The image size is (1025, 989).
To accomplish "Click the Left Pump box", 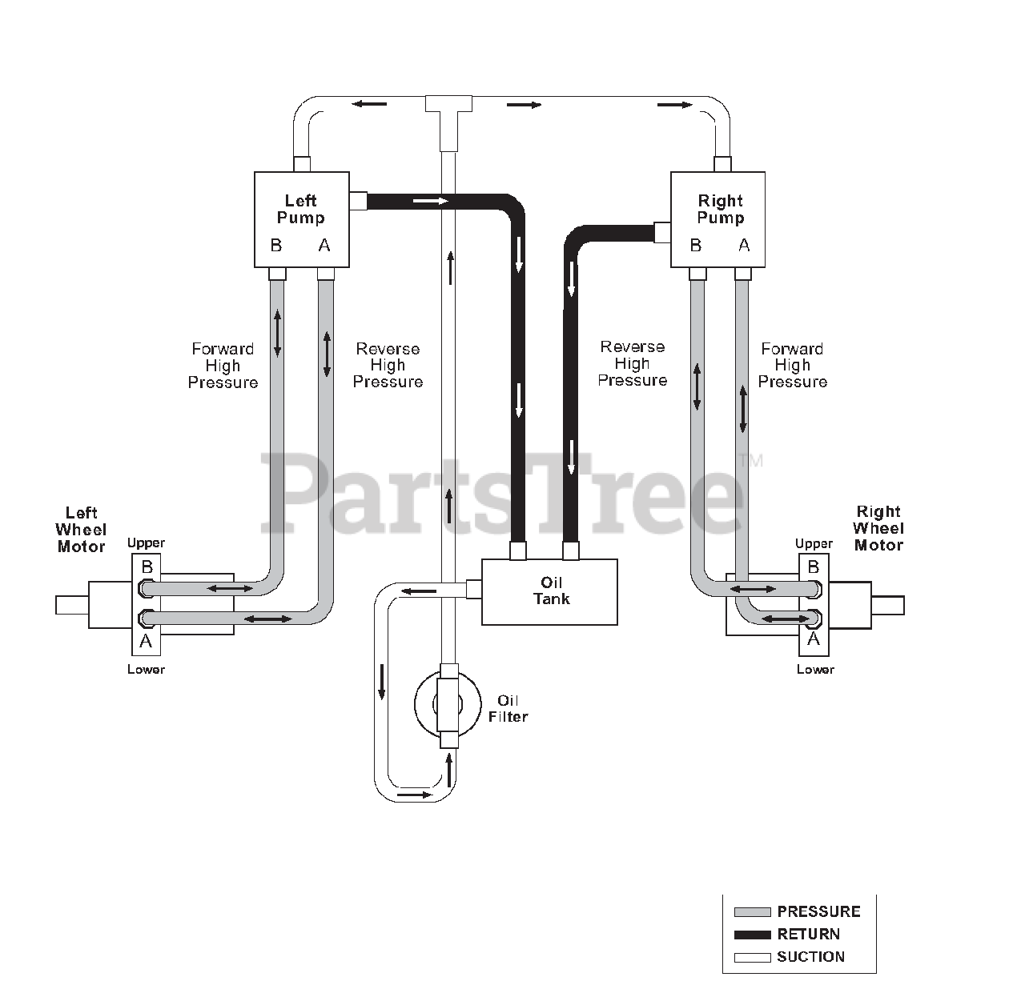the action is coord(301,219).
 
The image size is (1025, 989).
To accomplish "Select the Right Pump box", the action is coord(717,219).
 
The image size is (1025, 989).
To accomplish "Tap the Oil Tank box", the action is coord(549,591).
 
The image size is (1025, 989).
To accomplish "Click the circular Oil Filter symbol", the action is coord(448,703).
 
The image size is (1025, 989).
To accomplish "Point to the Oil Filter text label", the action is coord(508,708).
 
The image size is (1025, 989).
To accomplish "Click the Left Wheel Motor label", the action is coord(81,530).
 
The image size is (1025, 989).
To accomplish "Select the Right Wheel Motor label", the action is coord(878,528).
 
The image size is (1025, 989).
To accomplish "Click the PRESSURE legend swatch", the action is coord(752,911).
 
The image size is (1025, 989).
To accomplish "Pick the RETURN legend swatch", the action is coord(752,935).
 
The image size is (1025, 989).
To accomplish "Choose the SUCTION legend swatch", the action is coord(752,958).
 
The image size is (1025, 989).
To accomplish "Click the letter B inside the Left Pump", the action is coord(276,245).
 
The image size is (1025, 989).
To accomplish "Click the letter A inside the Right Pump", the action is coord(744,245).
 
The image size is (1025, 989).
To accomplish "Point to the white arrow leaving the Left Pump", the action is coord(430,201).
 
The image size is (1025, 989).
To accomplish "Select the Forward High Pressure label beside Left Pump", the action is coord(223,366).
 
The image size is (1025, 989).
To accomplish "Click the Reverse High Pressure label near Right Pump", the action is coord(632,363).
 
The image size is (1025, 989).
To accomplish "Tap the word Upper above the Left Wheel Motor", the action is coord(146,543).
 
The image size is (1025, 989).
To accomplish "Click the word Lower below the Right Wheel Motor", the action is coord(815,669).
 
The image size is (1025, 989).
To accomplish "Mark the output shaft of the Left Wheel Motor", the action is coord(72,605).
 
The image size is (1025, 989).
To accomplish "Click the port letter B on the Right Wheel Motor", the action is coord(814,567).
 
